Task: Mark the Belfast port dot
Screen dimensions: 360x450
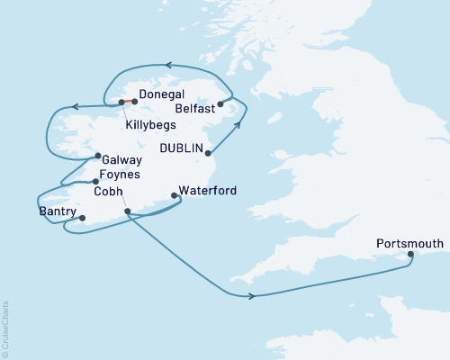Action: coord(220,104)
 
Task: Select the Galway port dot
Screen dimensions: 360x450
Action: coord(97,157)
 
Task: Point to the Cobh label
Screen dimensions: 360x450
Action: coord(108,191)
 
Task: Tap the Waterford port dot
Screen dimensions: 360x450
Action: coord(173,195)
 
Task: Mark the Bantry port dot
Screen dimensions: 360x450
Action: coord(82,218)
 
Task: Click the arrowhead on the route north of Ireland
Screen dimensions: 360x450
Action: coord(166,65)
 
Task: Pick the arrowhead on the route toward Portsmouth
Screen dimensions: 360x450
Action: coord(252,296)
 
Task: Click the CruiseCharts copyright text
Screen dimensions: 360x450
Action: coord(6,328)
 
